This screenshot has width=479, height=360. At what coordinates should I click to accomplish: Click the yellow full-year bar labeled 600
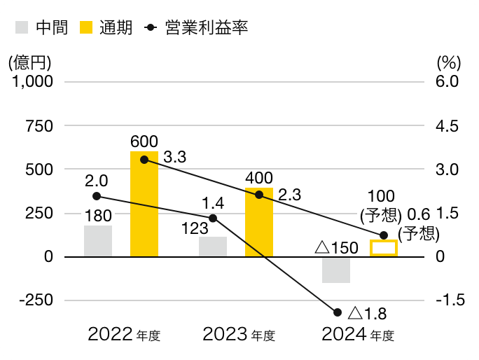(144, 204)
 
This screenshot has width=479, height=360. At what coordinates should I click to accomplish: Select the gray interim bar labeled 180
(98, 241)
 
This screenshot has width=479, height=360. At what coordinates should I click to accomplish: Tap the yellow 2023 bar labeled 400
(259, 222)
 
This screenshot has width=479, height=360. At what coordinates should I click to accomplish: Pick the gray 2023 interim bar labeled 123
(213, 247)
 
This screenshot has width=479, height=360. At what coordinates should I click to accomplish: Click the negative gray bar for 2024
(336, 270)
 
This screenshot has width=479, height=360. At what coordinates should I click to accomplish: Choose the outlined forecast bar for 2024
(383, 248)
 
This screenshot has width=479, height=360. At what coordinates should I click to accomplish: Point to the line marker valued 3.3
(144, 160)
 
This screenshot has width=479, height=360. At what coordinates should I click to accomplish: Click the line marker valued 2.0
(97, 196)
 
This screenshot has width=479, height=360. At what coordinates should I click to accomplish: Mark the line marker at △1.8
(338, 312)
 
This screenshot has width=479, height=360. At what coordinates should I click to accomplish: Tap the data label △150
(336, 247)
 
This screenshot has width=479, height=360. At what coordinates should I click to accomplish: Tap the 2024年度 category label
(358, 335)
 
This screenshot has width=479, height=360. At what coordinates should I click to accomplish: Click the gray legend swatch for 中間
(22, 28)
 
